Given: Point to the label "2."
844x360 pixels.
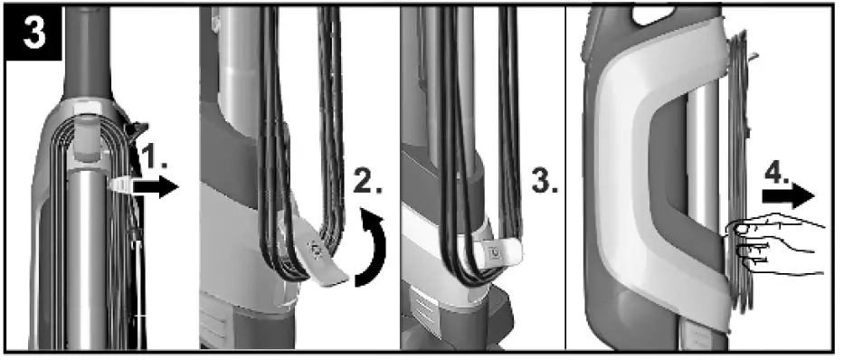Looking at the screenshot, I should coord(369,183).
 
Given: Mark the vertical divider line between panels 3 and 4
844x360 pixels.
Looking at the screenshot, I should coord(565,181).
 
